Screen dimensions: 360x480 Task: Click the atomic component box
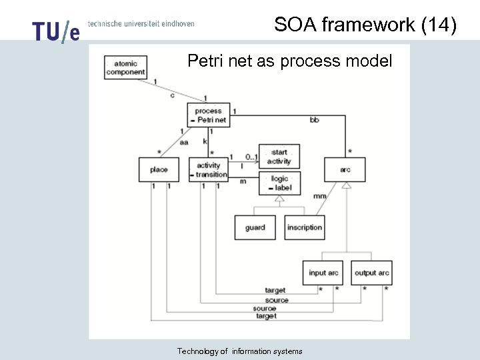pos(125,67)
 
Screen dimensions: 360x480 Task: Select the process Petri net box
pos(209,115)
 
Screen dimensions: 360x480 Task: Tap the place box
pos(159,169)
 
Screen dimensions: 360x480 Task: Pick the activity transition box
pos(209,169)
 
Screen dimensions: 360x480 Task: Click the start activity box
pos(279,157)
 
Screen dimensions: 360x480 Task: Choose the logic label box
pos(279,183)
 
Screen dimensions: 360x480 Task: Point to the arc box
pos(345,169)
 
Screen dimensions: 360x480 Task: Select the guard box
pos(255,227)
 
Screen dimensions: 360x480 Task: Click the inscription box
pos(304,227)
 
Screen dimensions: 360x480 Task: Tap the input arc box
pos(323,273)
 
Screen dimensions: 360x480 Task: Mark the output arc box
pos(371,273)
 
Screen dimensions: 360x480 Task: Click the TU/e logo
pos(55,31)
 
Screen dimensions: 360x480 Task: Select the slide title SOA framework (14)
pos(365,25)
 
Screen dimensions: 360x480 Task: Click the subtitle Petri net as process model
pos(289,61)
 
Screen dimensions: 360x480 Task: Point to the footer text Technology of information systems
pos(239,351)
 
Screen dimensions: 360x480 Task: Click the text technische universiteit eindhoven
pos(141,23)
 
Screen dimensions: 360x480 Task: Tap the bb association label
pos(314,120)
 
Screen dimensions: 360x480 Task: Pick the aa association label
pos(183,142)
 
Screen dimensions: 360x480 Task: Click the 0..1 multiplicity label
pos(251,157)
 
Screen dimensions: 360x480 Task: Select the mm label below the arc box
pos(319,197)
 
